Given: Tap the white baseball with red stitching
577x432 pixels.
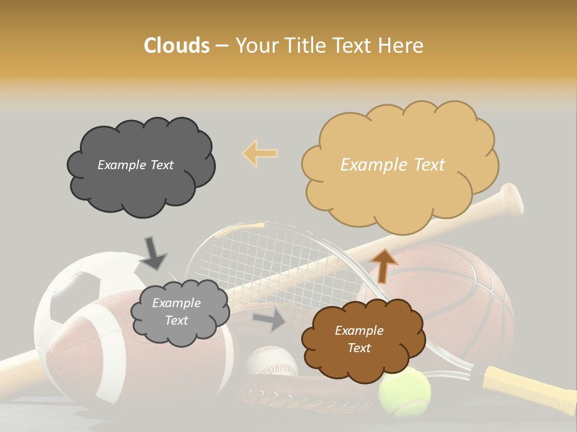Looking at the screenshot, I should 271,361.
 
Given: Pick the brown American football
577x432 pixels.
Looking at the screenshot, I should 108,354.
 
